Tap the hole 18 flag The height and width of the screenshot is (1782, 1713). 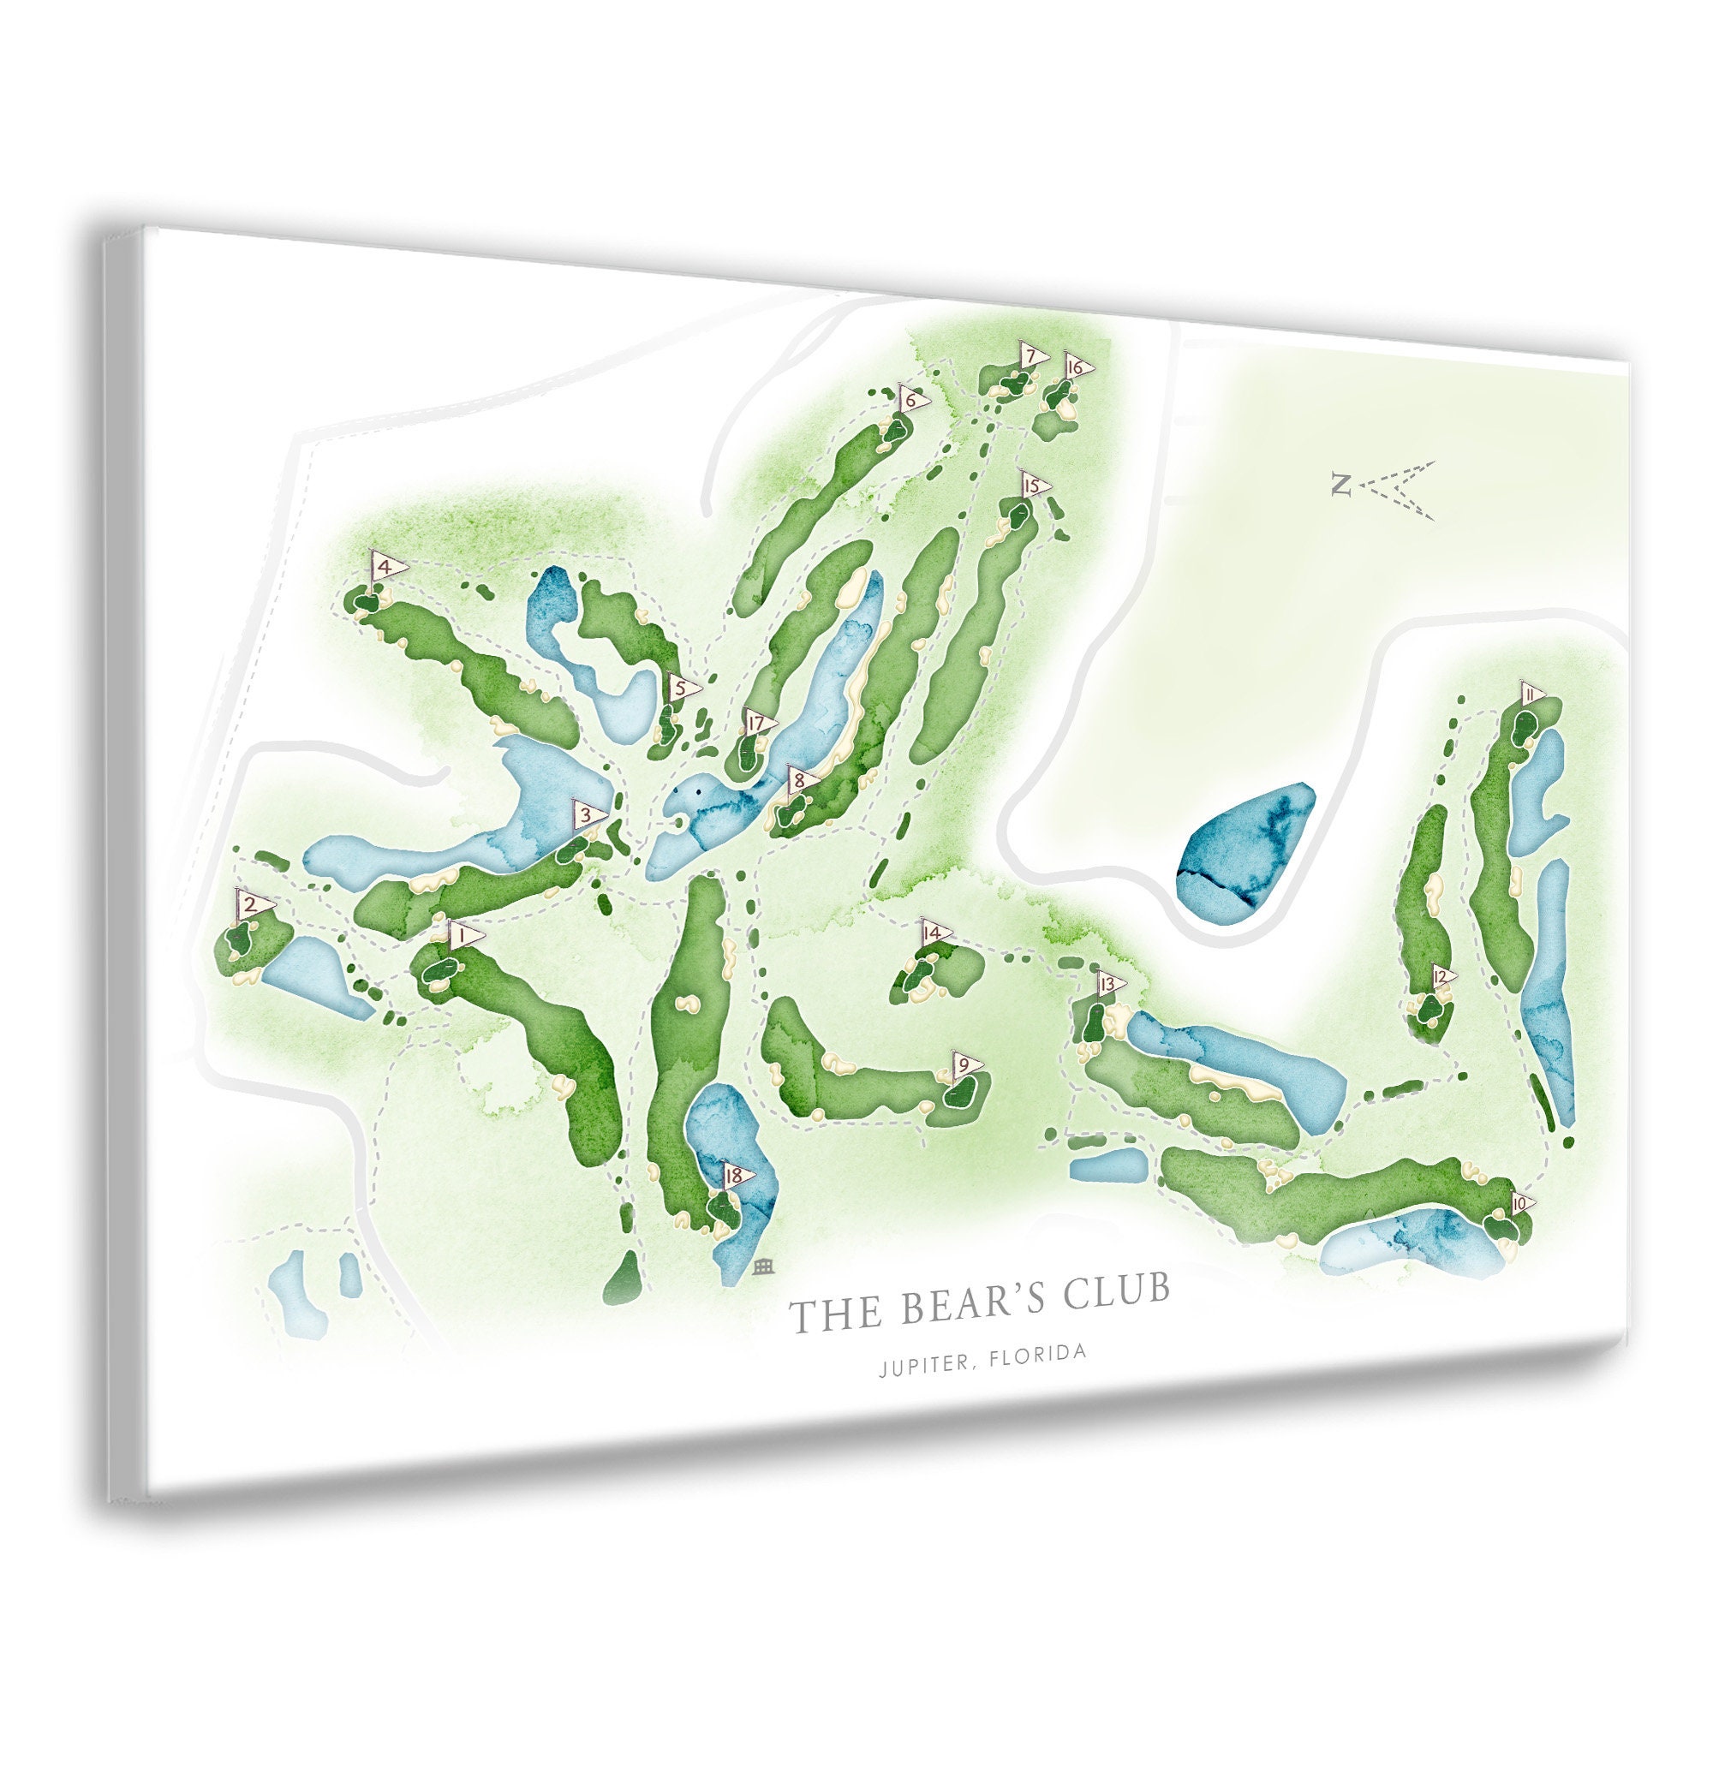(736, 1176)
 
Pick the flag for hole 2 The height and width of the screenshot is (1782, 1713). (251, 904)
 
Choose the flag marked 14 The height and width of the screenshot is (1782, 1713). (933, 932)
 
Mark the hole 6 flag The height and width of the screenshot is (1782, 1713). (910, 398)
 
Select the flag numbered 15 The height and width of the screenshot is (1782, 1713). (1032, 486)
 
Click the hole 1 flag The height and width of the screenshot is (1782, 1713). (463, 933)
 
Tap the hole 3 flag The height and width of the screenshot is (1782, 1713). (588, 814)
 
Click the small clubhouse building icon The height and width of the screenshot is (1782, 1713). (763, 1266)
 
